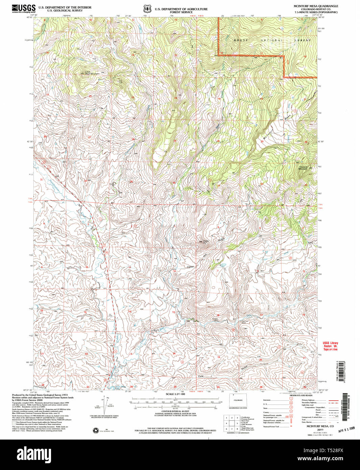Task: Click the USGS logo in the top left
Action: pos(24,8)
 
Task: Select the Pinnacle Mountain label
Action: pos(303,167)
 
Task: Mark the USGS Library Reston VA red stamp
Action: pos(330,346)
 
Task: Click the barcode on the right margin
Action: pos(345,406)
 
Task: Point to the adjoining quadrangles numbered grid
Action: pos(231,423)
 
